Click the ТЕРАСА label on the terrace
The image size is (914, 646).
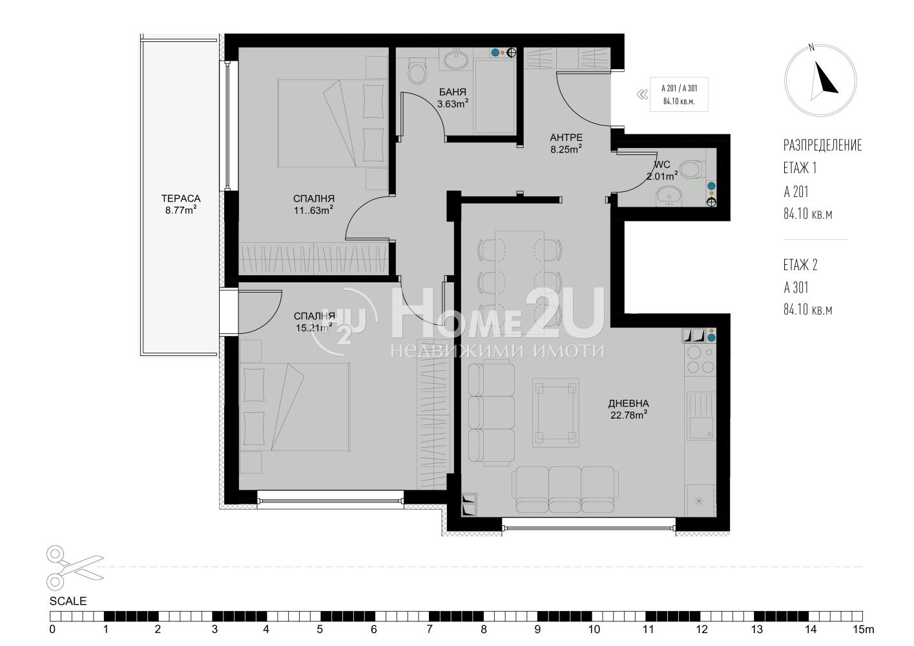tap(181, 199)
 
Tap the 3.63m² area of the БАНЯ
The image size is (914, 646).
tap(453, 103)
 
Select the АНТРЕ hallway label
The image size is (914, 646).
tap(566, 138)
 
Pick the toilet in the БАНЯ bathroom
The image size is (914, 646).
tap(417, 72)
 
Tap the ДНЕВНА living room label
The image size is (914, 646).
tap(628, 404)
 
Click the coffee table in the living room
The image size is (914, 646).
tap(556, 413)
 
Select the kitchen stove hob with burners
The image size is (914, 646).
tap(700, 359)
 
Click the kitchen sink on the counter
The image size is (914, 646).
tap(700, 415)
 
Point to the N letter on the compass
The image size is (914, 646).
tap(811, 48)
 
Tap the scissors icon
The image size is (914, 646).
tap(75, 568)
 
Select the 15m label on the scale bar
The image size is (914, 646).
tap(864, 629)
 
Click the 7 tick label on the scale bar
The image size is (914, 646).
tap(430, 629)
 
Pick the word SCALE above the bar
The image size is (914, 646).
tap(68, 601)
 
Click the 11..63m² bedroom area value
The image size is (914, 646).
tap(313, 211)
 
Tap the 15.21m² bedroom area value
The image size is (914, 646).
tap(314, 328)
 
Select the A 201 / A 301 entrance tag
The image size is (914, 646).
tap(679, 94)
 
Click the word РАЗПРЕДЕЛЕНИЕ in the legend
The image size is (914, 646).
tap(823, 145)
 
